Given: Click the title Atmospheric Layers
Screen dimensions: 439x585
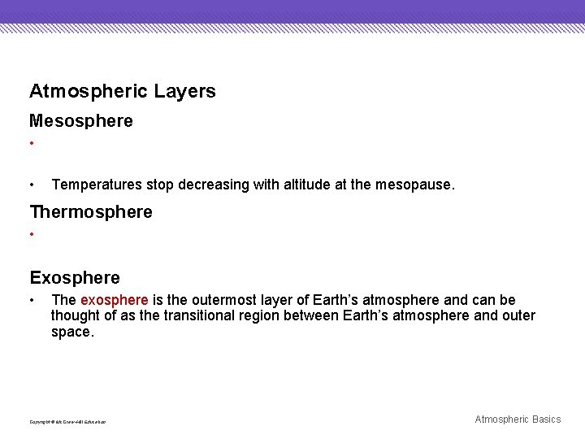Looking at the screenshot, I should pos(123,91).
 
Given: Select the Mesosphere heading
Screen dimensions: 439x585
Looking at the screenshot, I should pos(81,121).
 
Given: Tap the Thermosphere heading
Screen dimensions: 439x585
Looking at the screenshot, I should pos(91,212).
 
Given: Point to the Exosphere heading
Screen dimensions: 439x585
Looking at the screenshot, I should pos(75,278).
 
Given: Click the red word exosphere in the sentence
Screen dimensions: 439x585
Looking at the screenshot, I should pos(114,301).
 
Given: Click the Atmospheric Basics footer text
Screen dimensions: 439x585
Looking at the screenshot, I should pos(518,419).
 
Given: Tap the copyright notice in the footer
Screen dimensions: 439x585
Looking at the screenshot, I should pos(67,422).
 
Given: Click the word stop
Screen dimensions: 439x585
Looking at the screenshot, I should pos(162,185).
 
